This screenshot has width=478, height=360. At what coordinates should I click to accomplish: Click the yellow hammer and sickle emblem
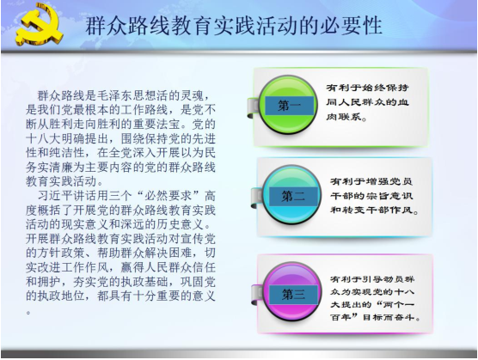39,25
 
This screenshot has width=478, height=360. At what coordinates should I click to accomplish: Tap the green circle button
288,105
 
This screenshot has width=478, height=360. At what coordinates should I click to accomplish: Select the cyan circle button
292,195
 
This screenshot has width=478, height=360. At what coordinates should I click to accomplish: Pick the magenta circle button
292,292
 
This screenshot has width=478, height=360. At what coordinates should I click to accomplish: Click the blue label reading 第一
290,106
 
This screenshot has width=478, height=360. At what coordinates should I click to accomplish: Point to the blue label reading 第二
293,197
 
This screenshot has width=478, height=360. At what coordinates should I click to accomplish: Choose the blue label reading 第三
293,295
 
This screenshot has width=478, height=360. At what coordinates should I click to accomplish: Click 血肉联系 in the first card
367,109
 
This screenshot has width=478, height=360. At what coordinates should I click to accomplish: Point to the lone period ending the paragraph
28,312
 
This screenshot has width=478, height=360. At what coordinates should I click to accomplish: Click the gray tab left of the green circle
253,107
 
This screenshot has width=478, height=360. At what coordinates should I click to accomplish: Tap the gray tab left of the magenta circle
257,295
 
